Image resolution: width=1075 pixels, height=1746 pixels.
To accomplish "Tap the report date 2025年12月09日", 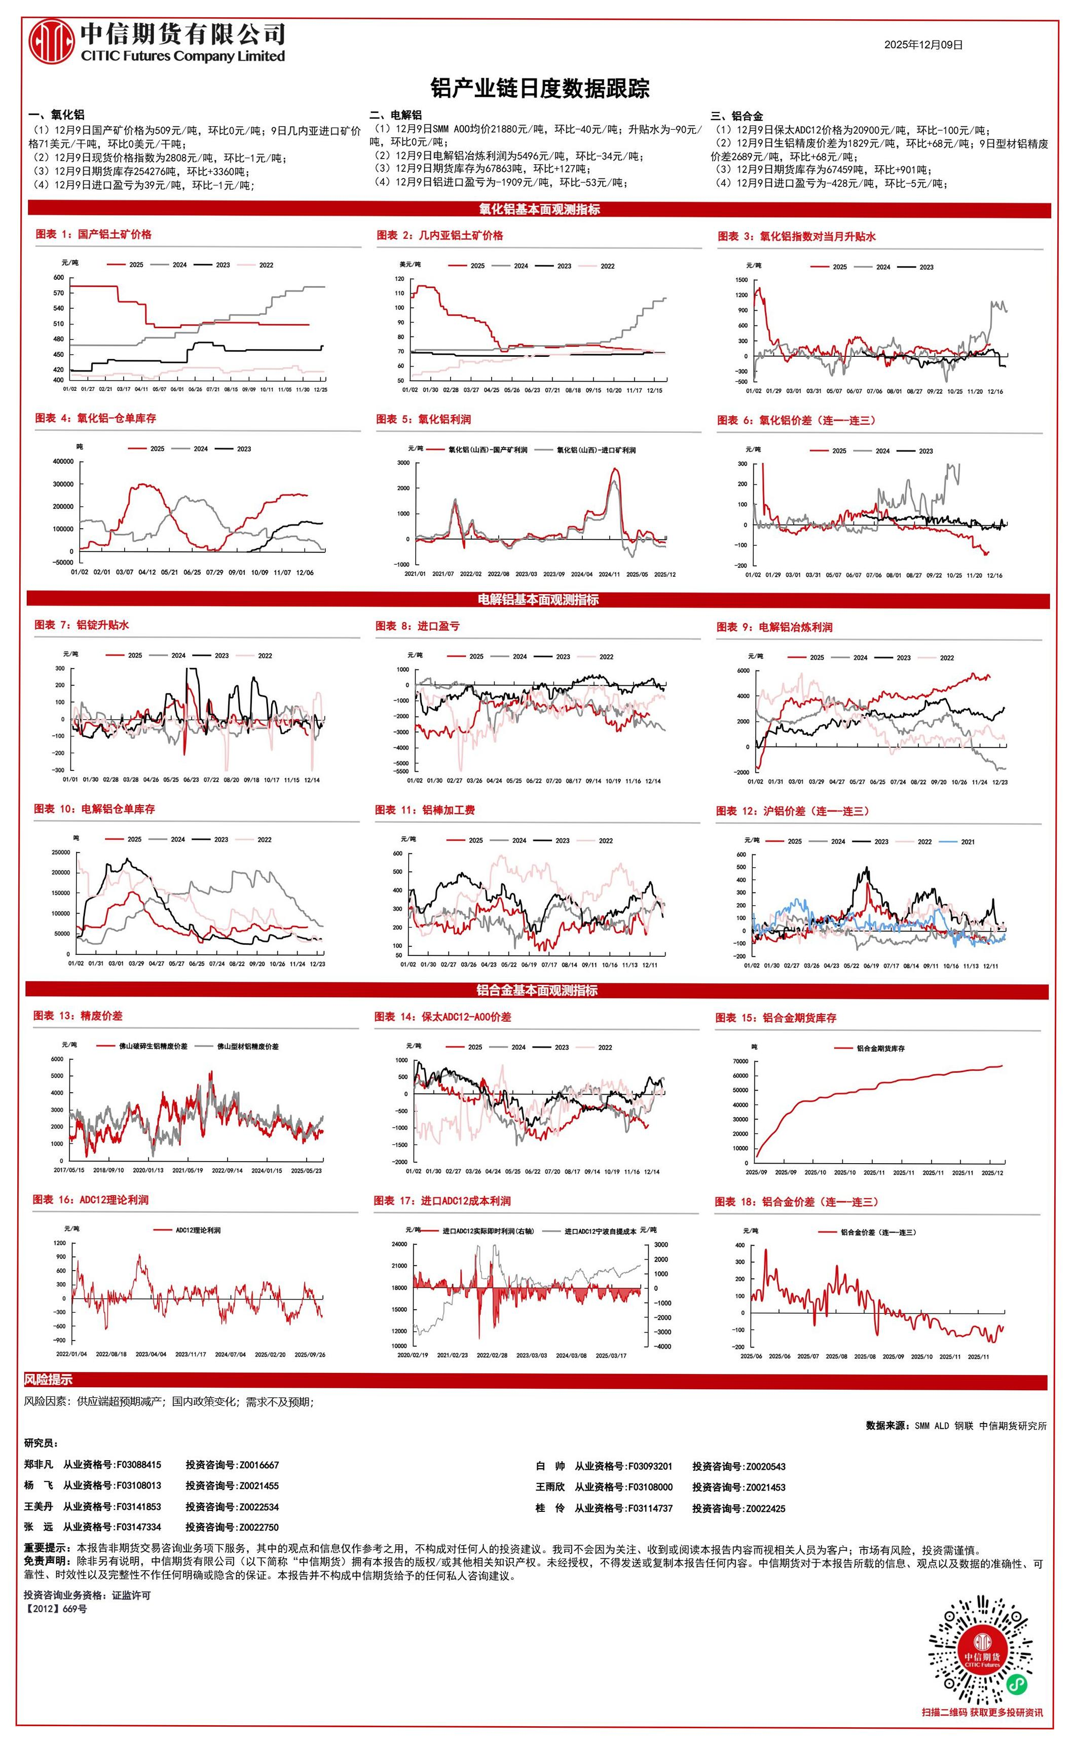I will coord(923,44).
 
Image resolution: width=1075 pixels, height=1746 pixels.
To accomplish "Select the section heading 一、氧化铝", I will coord(56,115).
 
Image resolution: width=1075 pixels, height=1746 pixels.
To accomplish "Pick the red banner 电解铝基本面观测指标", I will coord(538,600).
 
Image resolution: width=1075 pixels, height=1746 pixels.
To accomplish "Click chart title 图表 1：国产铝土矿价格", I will coord(93,234).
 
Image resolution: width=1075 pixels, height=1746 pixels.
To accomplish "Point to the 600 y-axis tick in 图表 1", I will coord(58,278).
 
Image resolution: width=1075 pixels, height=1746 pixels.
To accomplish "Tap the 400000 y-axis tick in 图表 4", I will coord(62,461).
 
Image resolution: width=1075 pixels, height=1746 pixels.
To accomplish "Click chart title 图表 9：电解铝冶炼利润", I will coord(774,627).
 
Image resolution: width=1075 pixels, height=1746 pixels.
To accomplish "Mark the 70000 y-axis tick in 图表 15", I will coord(739,1061).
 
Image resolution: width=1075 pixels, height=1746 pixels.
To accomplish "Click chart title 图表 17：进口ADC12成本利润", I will coord(442,1201).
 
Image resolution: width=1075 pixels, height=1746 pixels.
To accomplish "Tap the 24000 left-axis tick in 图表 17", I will coord(398,1245).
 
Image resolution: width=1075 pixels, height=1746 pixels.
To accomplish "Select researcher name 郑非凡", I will coord(39,1465).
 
